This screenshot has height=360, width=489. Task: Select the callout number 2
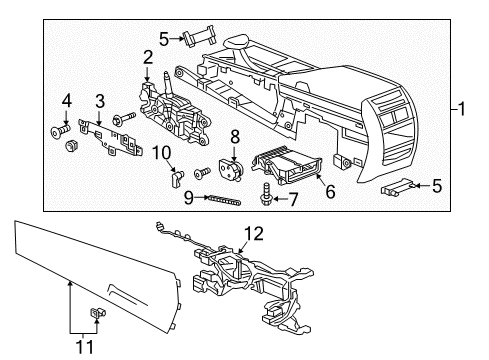(147, 57)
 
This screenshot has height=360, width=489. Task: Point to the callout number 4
(67, 101)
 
